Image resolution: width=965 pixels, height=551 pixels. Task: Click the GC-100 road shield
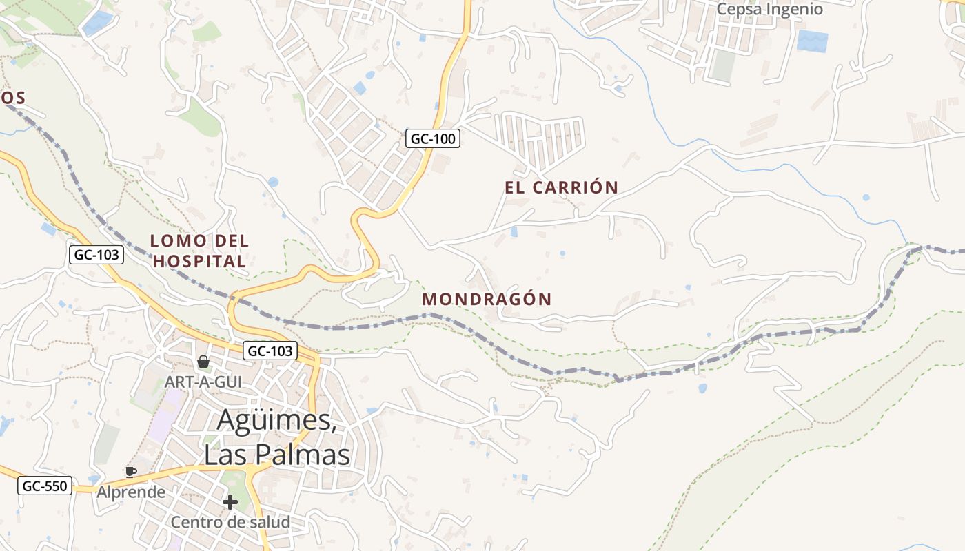[432, 138]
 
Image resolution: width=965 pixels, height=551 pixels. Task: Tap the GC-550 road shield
[45, 486]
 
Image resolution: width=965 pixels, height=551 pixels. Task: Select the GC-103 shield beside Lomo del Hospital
[96, 255]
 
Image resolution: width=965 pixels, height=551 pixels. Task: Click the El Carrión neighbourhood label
[561, 187]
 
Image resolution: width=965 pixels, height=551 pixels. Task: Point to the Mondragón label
[487, 299]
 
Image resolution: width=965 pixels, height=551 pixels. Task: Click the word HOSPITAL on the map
[199, 262]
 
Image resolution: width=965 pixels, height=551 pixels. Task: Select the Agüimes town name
[277, 421]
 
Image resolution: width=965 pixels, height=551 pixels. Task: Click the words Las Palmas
[277, 455]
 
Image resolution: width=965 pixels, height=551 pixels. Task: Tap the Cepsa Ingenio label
[769, 10]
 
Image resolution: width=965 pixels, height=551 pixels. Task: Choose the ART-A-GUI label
[203, 381]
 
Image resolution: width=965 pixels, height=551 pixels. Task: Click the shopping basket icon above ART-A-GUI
[203, 362]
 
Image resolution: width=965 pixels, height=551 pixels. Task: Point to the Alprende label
[131, 492]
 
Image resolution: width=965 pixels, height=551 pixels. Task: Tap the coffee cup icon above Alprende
[131, 472]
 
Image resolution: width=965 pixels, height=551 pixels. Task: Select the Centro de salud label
[230, 522]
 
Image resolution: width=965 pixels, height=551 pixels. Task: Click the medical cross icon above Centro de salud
[230, 502]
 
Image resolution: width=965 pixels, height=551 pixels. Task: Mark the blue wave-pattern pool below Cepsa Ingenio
[812, 41]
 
